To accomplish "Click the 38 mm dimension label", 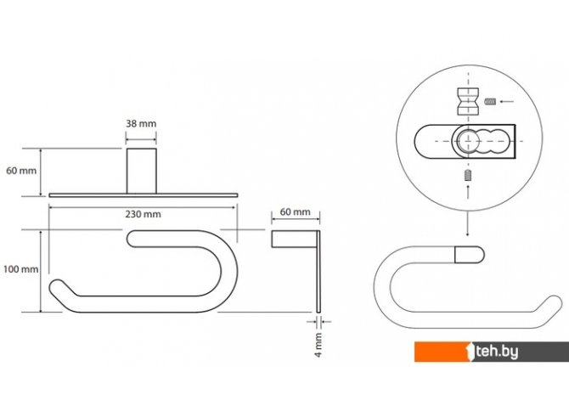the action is [141, 123].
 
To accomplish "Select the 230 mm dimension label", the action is [143, 214].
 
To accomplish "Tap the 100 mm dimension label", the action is [20, 269].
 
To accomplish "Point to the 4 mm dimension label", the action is [318, 345].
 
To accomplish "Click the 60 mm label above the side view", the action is [296, 211].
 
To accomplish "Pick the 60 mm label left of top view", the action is [21, 171].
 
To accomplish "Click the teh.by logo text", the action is [497, 352].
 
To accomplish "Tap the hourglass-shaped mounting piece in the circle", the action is [468, 101].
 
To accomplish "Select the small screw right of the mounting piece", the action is [490, 101].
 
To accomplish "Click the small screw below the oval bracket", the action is [468, 176].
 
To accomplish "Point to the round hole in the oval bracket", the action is [467, 140].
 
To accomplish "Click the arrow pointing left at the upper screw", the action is [507, 102].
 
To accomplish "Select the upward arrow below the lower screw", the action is [468, 192].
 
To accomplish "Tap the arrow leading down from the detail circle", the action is [467, 223].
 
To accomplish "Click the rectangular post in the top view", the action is [142, 171].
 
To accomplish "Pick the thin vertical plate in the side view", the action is [318, 271].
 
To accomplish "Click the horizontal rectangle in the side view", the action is [295, 239].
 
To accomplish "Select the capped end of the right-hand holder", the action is [469, 255].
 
